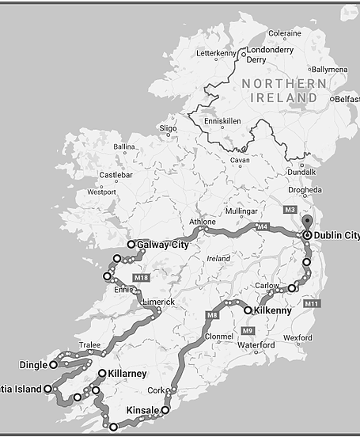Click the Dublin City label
click(x=336, y=236)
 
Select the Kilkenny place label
click(x=273, y=310)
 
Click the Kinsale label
click(x=143, y=410)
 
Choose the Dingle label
click(x=32, y=365)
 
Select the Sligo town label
click(x=169, y=127)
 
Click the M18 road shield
click(x=141, y=278)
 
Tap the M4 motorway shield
click(x=263, y=227)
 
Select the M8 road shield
click(x=212, y=317)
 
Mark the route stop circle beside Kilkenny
click(x=248, y=310)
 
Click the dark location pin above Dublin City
click(x=307, y=222)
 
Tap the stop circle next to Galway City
click(x=131, y=245)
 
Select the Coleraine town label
click(x=285, y=34)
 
